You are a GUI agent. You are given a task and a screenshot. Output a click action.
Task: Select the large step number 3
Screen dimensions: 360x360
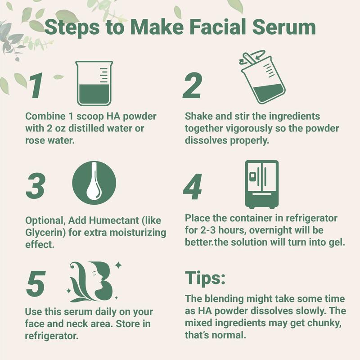[36, 185]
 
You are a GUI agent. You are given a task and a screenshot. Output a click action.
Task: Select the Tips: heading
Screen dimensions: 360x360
[205, 278]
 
